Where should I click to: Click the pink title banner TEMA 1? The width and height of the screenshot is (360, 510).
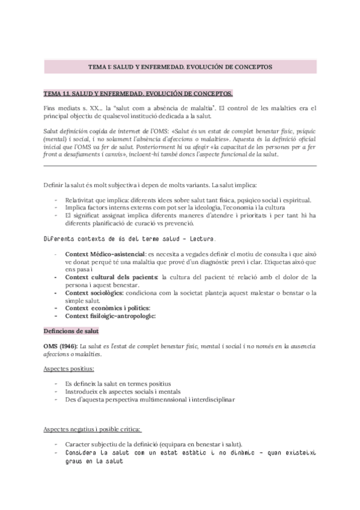pyautogui.click(x=180, y=67)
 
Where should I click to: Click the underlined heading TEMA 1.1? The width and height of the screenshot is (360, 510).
pyautogui.click(x=138, y=94)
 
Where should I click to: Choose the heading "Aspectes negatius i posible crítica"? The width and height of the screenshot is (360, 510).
pyautogui.click(x=92, y=429)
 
